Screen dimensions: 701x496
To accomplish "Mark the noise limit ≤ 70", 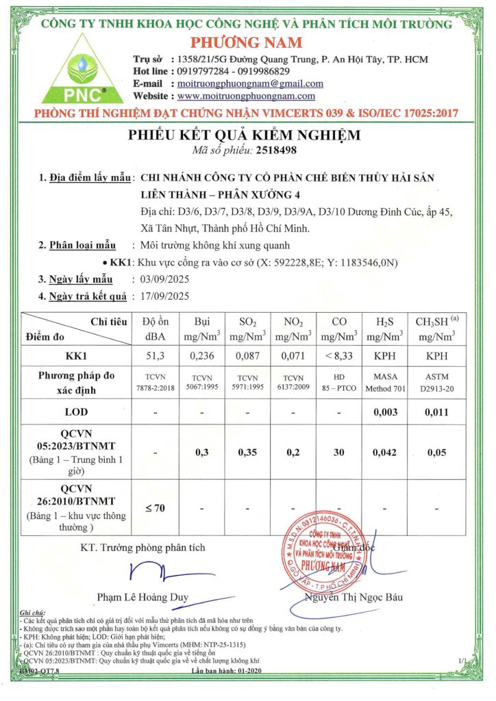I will pos(155,507).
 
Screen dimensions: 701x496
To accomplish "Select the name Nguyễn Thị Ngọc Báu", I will pos(355,596).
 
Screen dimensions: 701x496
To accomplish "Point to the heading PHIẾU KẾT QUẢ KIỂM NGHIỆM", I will pos(244,134).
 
